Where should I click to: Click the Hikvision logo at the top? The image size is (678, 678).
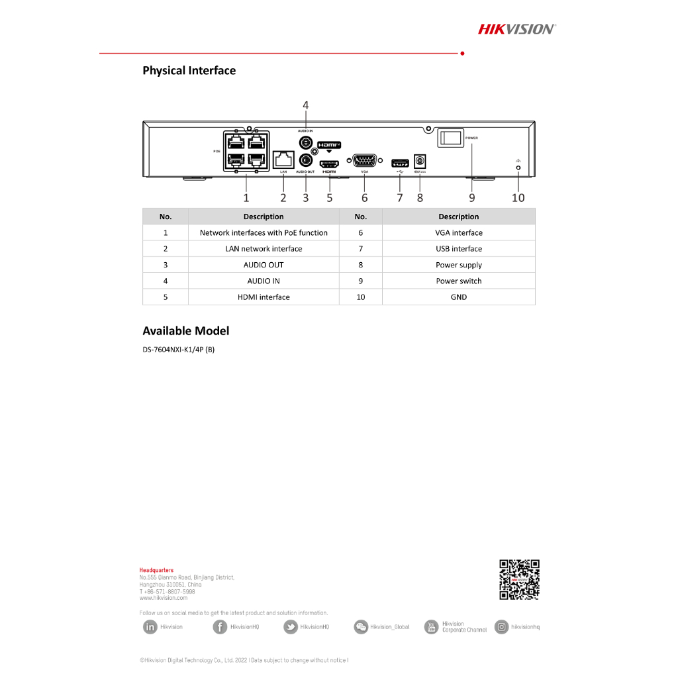click(x=517, y=28)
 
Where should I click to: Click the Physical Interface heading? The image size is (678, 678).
click(x=189, y=70)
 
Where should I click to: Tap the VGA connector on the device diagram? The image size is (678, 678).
click(x=364, y=160)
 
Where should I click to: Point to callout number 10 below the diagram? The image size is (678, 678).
click(x=518, y=197)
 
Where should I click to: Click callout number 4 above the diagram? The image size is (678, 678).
click(x=306, y=105)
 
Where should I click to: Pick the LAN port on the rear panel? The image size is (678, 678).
click(x=283, y=160)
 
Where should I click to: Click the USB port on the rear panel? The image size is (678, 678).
click(x=400, y=162)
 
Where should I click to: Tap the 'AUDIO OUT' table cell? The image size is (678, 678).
click(x=264, y=265)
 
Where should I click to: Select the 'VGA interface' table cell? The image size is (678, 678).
click(x=458, y=233)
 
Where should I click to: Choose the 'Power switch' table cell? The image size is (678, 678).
click(x=458, y=281)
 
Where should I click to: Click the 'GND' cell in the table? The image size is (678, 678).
click(x=458, y=297)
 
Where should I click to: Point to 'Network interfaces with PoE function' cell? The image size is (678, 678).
click(x=264, y=233)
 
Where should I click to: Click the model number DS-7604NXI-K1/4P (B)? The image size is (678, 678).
click(x=178, y=350)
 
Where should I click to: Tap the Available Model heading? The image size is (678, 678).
click(x=186, y=330)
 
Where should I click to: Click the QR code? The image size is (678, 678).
click(x=519, y=579)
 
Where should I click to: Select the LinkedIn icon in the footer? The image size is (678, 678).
click(x=150, y=627)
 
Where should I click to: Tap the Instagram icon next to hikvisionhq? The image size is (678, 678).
click(x=502, y=627)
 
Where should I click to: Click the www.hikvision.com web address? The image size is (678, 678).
click(x=164, y=598)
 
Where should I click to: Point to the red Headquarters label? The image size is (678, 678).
click(x=156, y=570)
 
